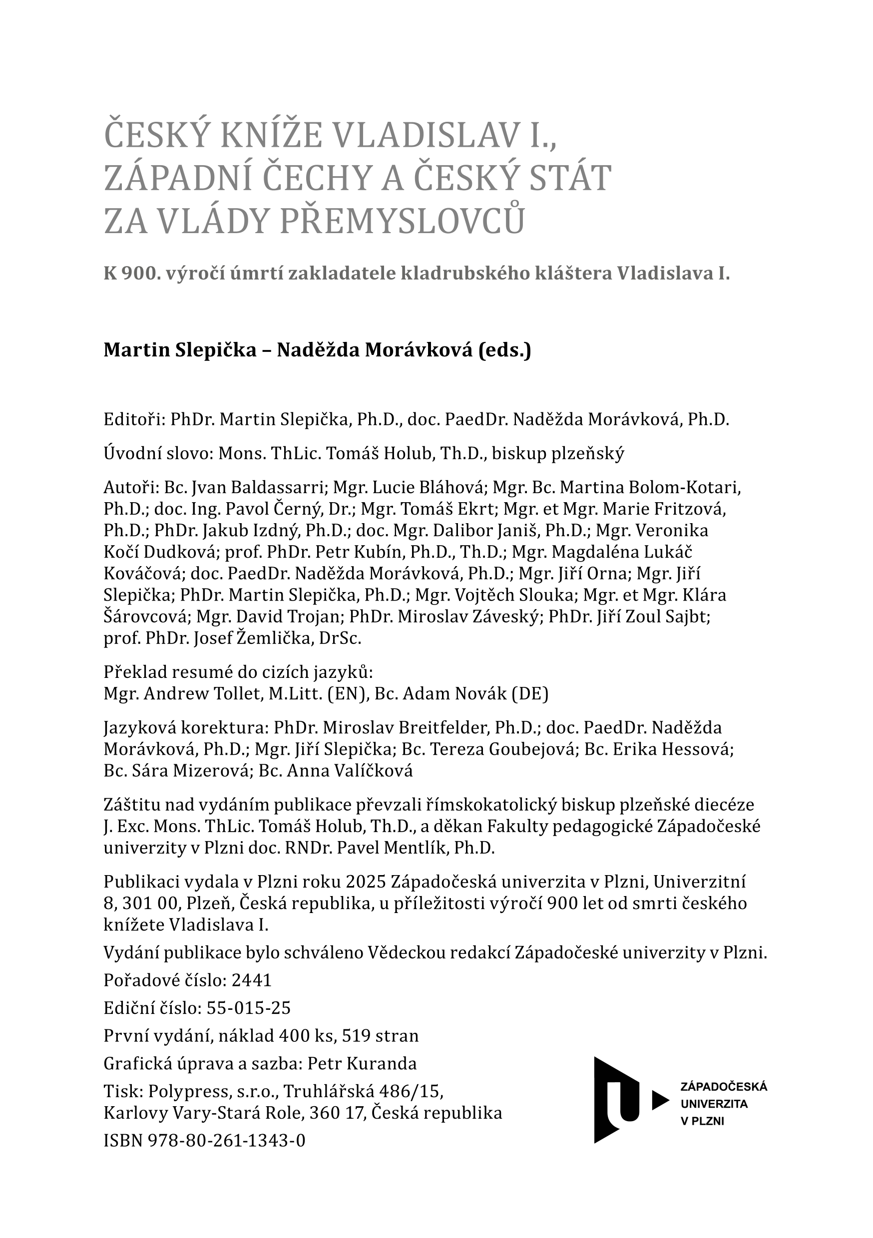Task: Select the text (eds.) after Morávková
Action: tap(504, 350)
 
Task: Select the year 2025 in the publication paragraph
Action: tap(366, 882)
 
